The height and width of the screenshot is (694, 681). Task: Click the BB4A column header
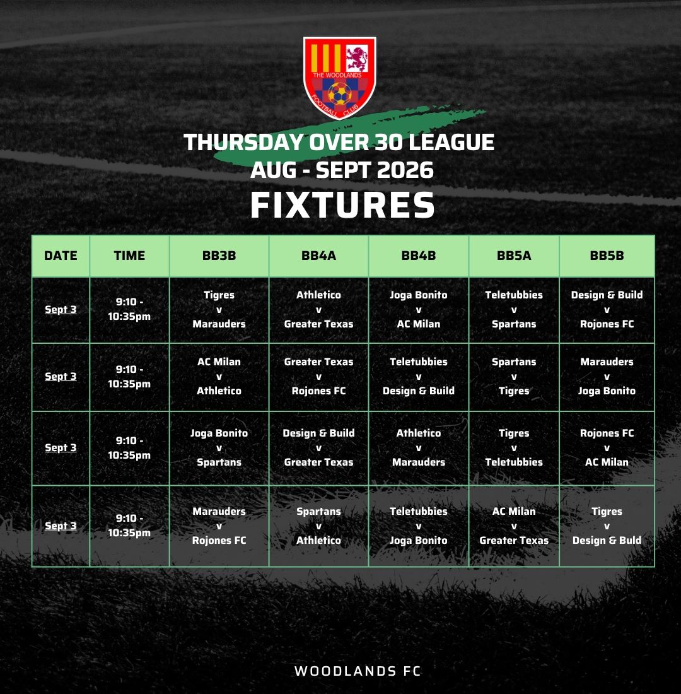318,256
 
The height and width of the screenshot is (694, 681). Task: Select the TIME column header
129,256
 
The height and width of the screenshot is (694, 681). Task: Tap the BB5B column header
607,256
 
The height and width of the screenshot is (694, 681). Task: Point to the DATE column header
61,256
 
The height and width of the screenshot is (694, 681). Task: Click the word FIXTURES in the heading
342,205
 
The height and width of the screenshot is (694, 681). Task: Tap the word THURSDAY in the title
243,143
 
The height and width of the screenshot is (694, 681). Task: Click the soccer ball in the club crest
340,93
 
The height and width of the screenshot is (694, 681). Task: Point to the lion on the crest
357,59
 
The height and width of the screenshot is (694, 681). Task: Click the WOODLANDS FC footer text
358,671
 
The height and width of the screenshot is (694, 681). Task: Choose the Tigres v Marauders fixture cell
219,310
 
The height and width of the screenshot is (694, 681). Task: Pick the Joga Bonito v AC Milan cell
419,310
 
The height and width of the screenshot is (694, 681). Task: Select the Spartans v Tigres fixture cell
514,377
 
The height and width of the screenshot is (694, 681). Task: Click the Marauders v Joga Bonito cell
607,377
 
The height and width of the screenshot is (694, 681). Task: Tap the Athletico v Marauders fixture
419,448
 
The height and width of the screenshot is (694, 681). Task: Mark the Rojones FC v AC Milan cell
607,448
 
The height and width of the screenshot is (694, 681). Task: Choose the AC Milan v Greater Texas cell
514,526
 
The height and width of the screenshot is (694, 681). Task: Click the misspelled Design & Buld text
607,541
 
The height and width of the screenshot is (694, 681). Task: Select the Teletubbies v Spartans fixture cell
514,310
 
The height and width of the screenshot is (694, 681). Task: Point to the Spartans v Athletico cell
318,526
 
